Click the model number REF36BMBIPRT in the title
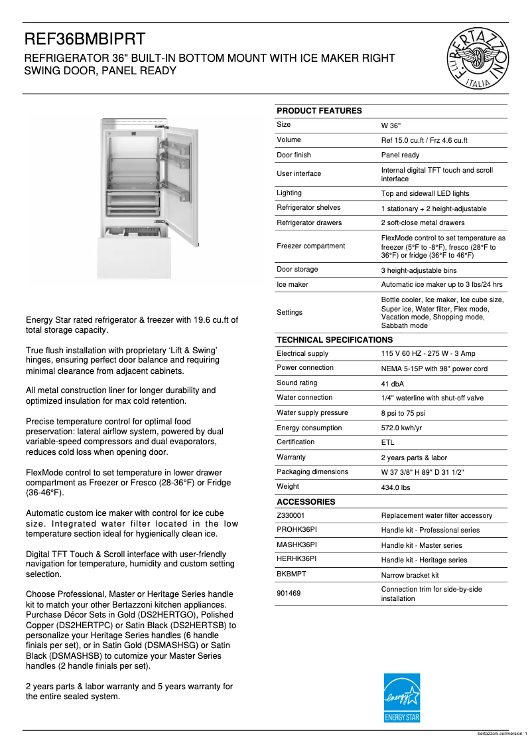(86, 39)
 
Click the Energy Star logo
(402, 698)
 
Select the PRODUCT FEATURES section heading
(319, 111)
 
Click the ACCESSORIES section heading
(306, 502)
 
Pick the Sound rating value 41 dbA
(392, 384)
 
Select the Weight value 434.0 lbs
(395, 487)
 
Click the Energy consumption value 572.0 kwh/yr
(401, 428)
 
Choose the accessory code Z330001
(291, 515)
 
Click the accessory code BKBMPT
(291, 574)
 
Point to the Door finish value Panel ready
(400, 155)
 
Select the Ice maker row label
(292, 284)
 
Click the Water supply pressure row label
(312, 412)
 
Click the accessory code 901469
(289, 593)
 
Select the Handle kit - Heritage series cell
(424, 560)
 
